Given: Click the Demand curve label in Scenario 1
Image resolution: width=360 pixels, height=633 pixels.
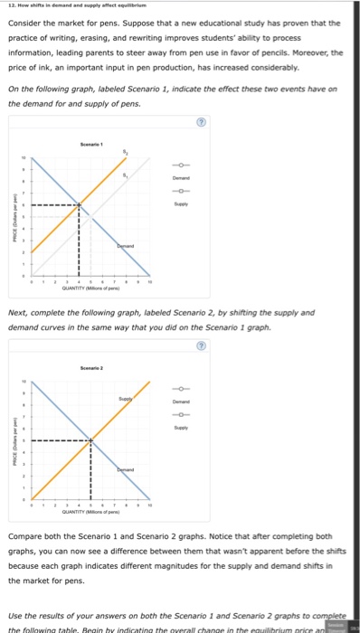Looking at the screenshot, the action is tap(126, 246).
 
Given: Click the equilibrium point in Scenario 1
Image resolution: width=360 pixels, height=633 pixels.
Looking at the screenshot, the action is tap(80, 205).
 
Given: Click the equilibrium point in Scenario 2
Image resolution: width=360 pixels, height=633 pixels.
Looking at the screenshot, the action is tap(90, 440).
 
